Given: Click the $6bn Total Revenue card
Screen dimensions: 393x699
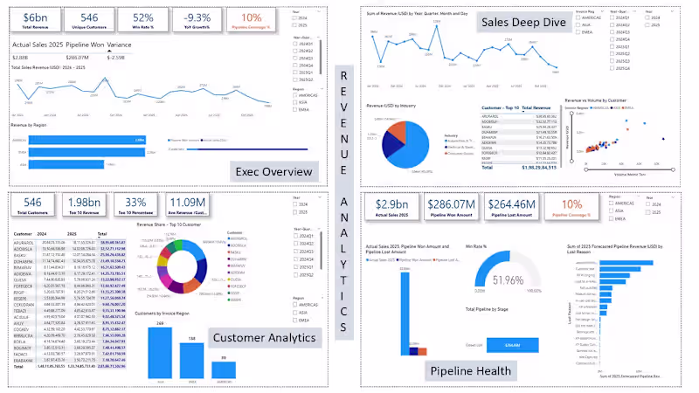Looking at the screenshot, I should [37, 21].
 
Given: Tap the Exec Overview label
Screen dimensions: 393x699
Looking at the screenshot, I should [274, 171].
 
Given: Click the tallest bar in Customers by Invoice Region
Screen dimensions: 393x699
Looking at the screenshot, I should [160, 354].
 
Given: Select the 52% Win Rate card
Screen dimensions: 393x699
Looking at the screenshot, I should [142, 21].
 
